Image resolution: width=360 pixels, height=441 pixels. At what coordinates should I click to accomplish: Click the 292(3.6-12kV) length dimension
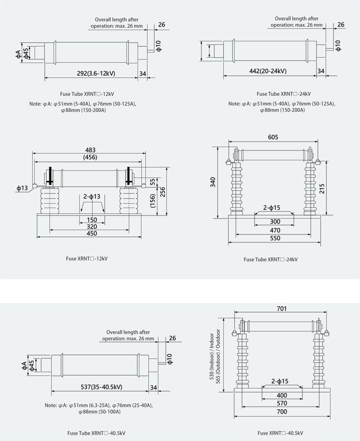(96, 73)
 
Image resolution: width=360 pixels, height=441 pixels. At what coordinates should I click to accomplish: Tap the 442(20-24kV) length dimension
(268, 71)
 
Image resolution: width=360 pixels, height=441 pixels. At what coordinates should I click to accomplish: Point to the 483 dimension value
(90, 150)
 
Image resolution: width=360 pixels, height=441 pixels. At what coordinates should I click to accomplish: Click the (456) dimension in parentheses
(90, 157)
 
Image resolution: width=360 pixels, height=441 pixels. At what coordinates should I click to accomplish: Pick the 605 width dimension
(273, 137)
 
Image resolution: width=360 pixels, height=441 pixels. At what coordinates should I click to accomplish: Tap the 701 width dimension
(282, 309)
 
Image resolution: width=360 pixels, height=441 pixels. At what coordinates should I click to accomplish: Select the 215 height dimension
(322, 189)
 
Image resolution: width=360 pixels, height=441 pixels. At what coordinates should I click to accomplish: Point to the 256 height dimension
(162, 192)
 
